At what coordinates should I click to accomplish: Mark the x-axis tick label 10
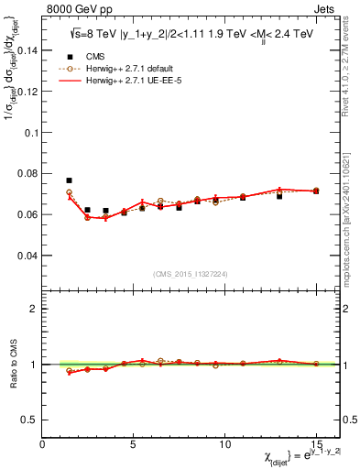224,444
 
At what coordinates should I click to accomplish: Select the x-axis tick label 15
316,444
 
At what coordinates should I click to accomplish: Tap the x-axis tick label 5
134,444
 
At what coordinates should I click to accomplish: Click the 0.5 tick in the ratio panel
29,420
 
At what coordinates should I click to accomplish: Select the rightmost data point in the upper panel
316,191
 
